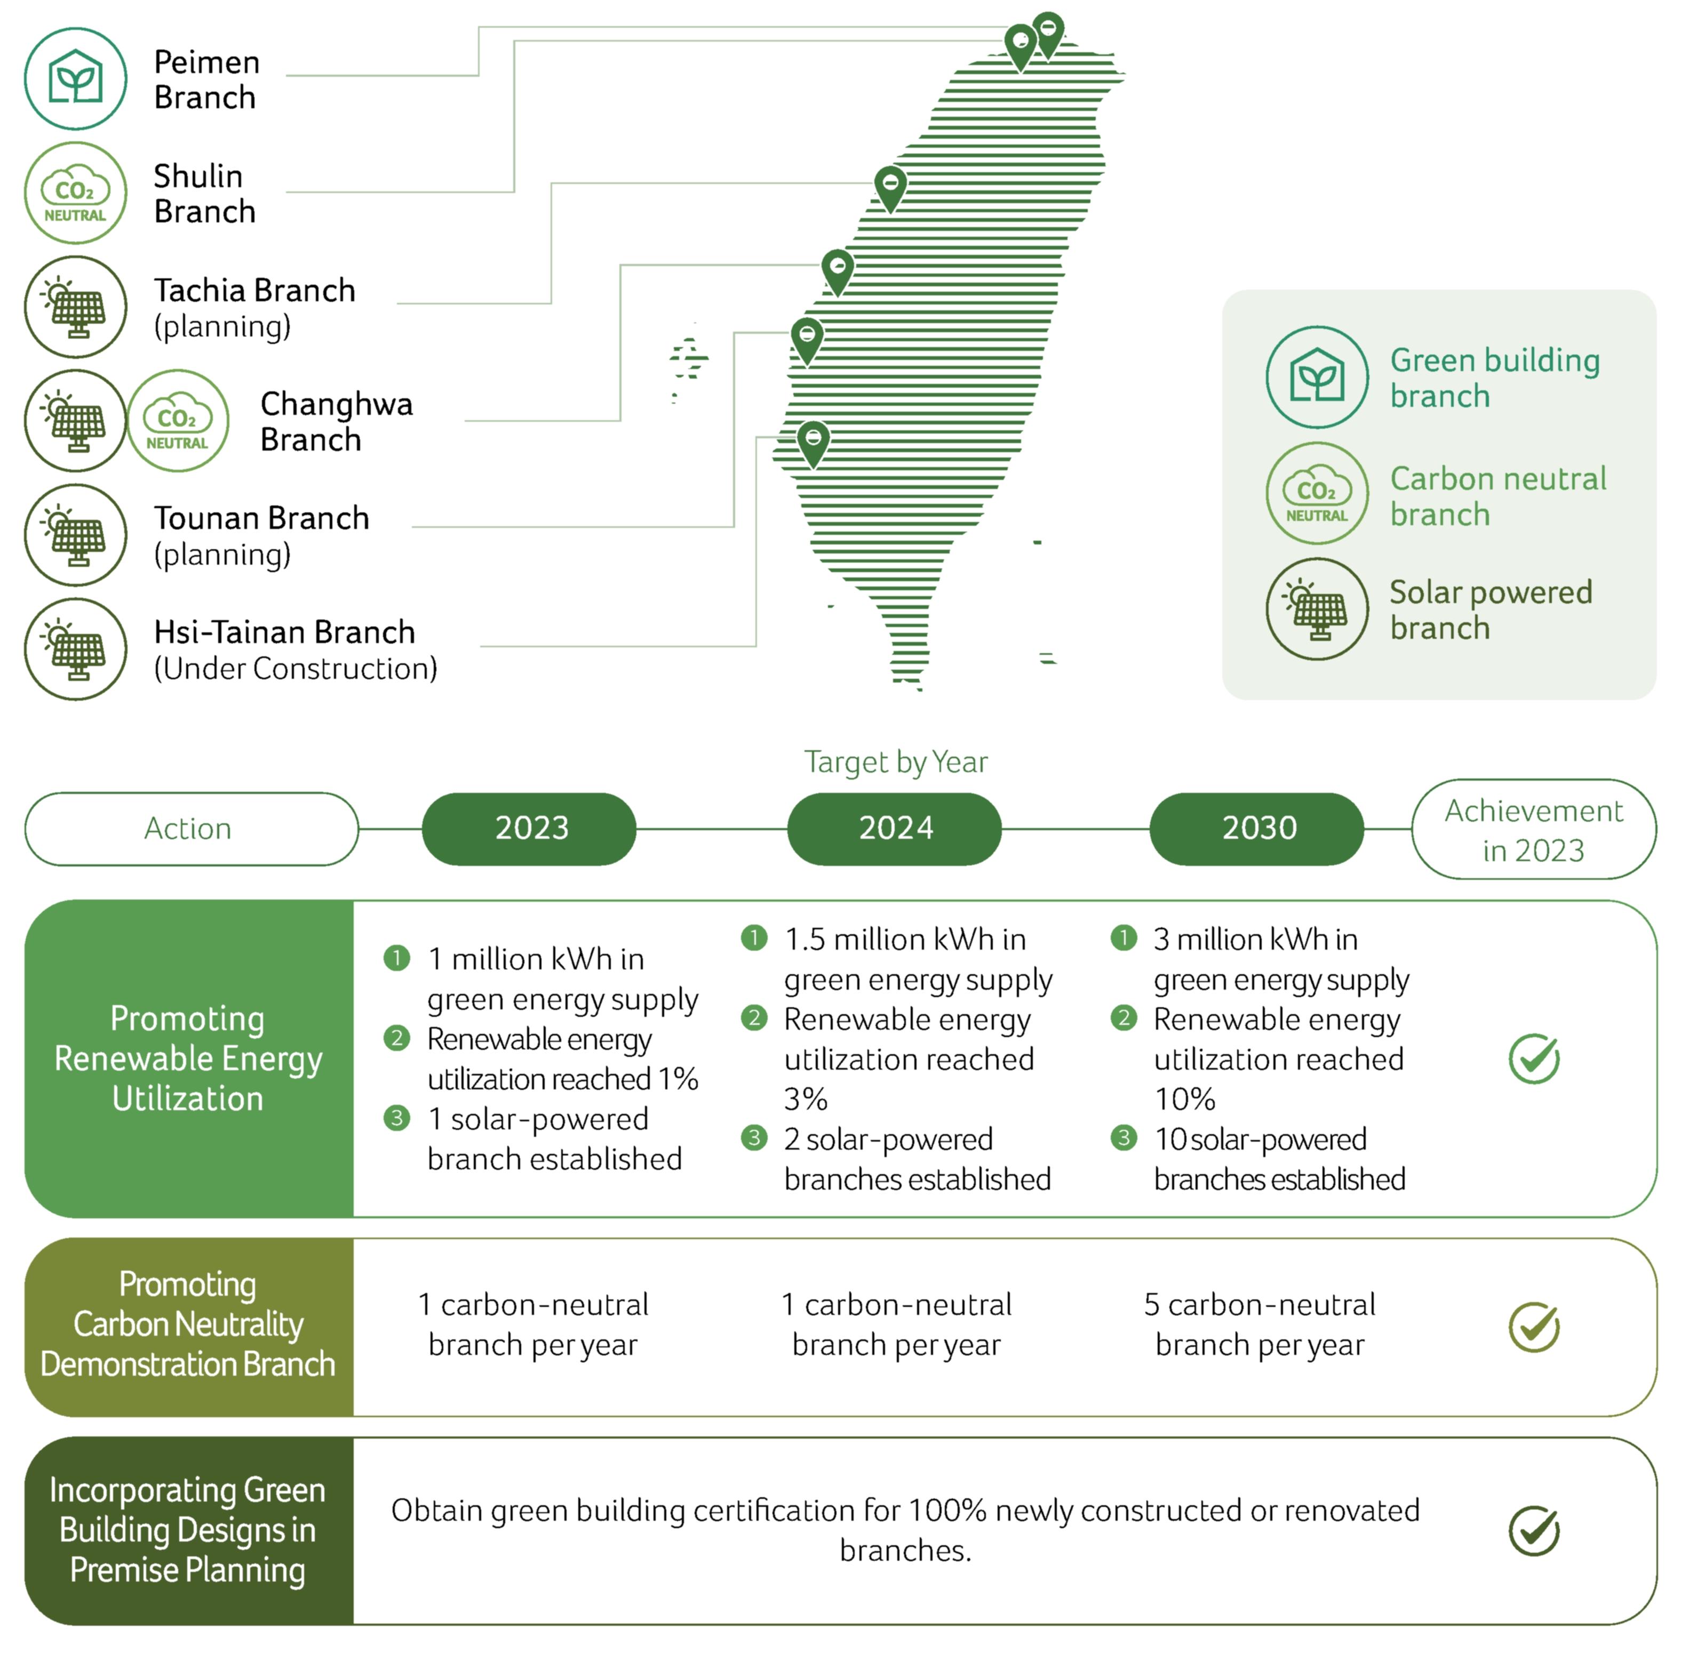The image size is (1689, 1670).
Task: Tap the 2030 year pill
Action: point(1256,829)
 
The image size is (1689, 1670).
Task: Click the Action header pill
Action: point(192,829)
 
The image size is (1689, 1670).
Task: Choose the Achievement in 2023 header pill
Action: point(1533,829)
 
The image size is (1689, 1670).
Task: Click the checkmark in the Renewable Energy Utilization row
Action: point(1533,1058)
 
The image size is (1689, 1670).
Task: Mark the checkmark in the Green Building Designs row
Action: point(1533,1530)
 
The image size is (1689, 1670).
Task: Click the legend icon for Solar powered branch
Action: point(1317,609)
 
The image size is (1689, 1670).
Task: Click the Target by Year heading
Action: point(895,762)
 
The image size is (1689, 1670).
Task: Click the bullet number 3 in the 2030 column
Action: point(1124,1138)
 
